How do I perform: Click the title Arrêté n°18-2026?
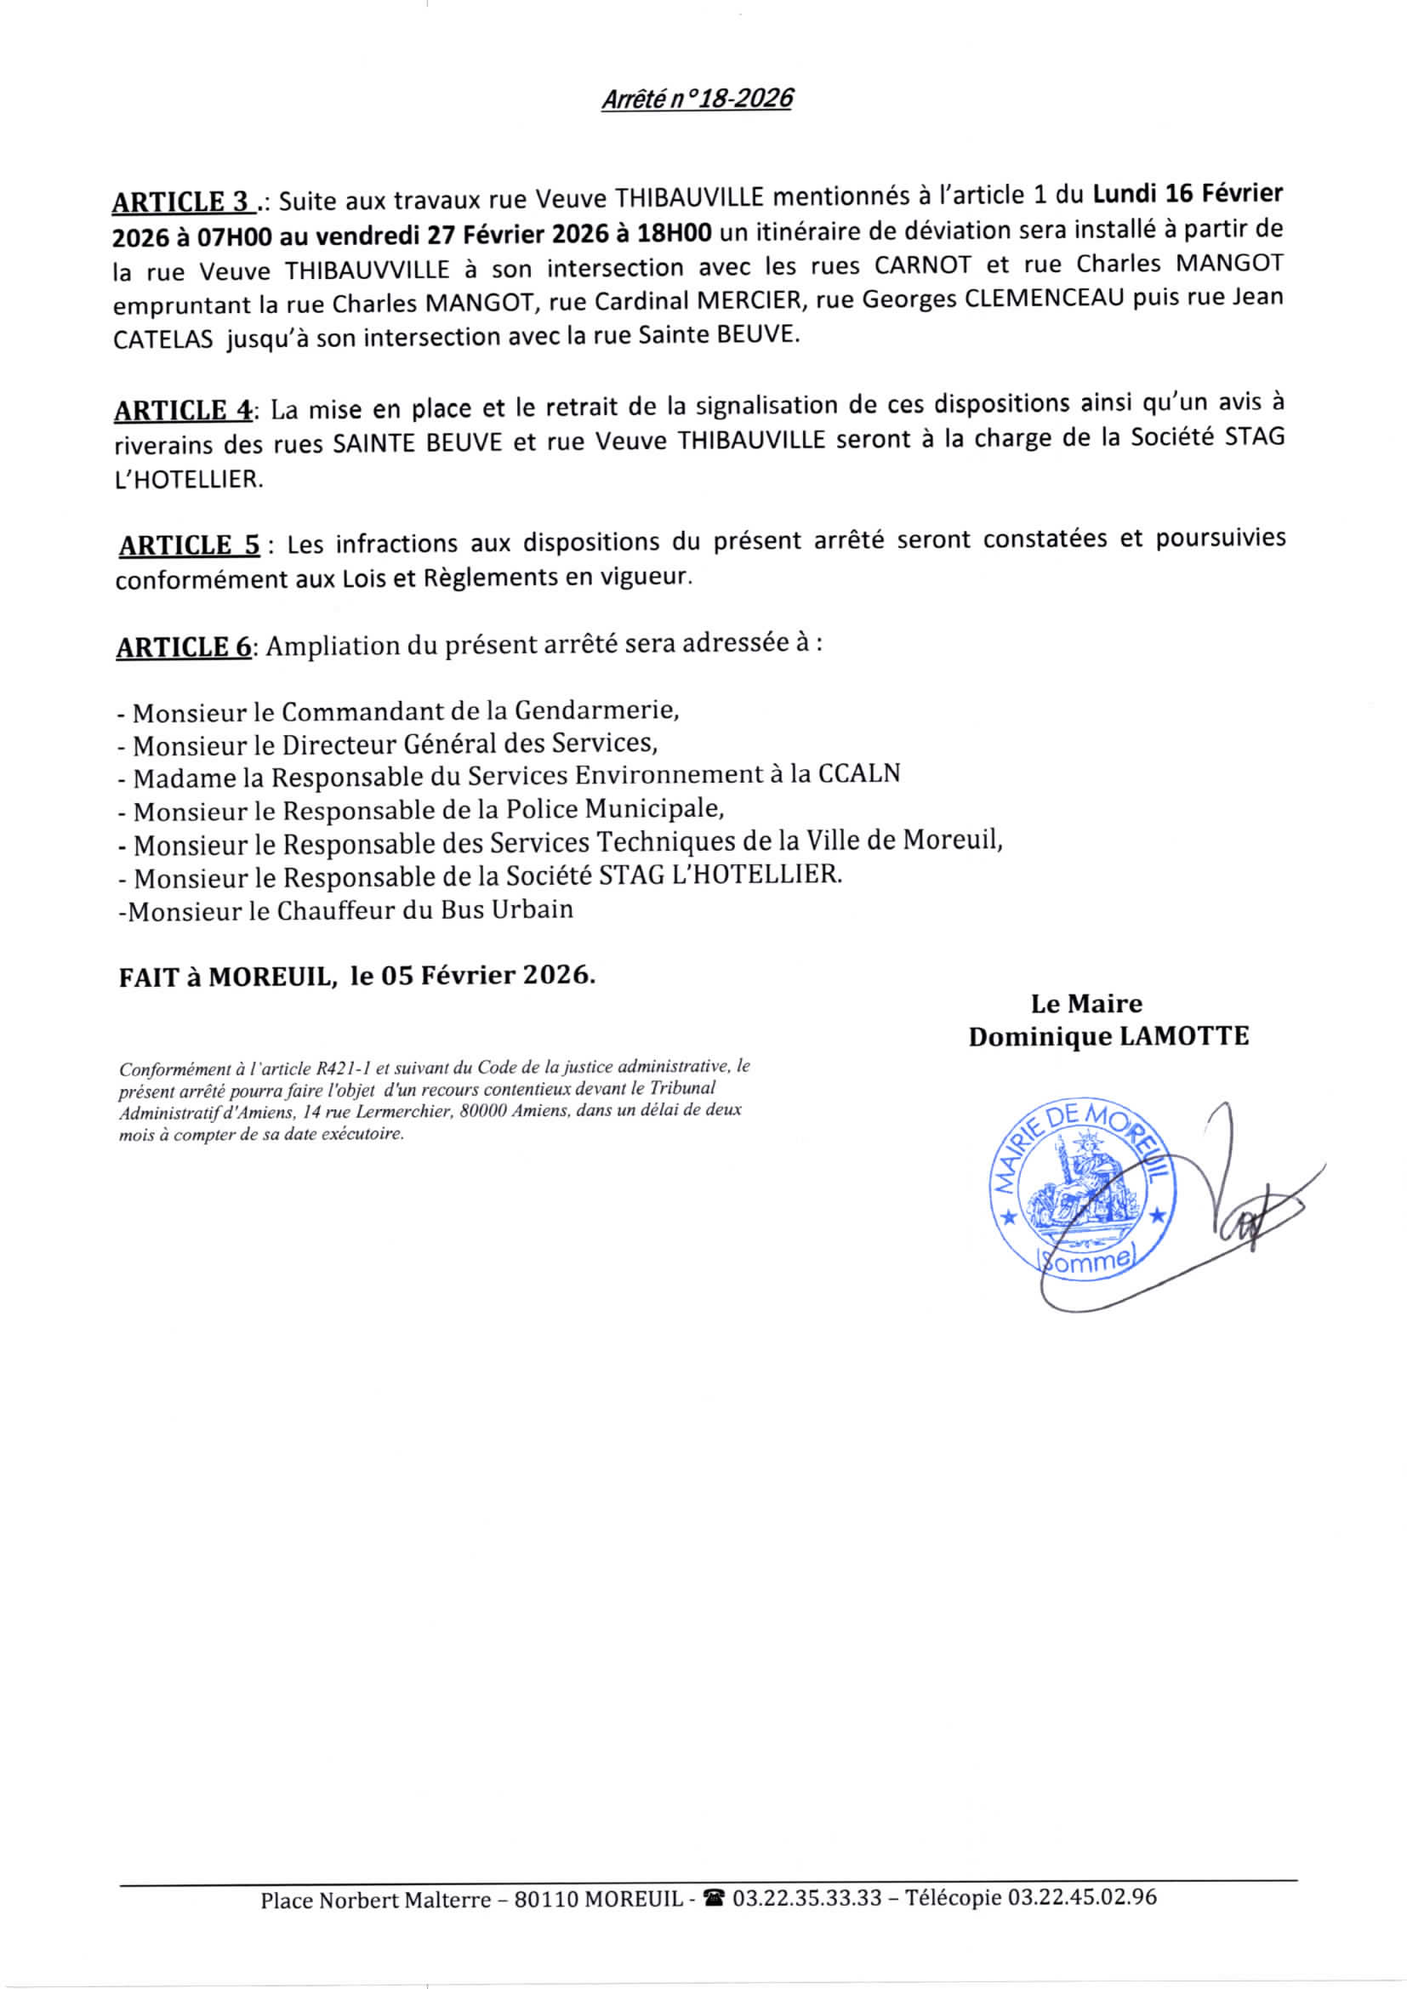(697, 99)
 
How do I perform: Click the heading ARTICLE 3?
(182, 202)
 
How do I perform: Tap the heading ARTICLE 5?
(189, 546)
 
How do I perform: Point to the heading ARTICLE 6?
(184, 647)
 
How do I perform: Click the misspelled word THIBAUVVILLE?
(367, 271)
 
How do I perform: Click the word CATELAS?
(162, 339)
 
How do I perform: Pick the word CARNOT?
(923, 265)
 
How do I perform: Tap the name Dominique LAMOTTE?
(1108, 1036)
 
